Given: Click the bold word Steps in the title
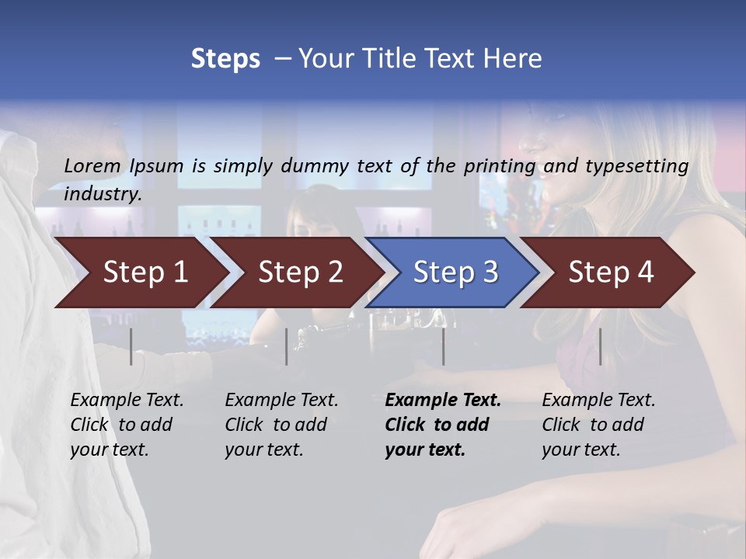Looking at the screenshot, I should pyautogui.click(x=225, y=58).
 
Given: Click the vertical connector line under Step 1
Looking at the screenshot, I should pyautogui.click(x=131, y=346).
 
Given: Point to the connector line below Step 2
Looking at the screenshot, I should pyautogui.click(x=287, y=346).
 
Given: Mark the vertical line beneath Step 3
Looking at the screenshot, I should pyautogui.click(x=444, y=346).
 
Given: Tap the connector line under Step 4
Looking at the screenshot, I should pyautogui.click(x=600, y=346).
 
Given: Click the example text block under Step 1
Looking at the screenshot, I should pyautogui.click(x=126, y=425).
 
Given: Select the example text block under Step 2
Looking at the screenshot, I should pyautogui.click(x=281, y=425).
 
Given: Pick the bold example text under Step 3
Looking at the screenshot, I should pyautogui.click(x=442, y=425).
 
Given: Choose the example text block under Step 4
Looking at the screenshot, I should pyautogui.click(x=598, y=425).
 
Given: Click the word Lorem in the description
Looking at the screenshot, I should pyautogui.click(x=92, y=165).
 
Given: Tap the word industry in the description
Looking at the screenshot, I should pyautogui.click(x=103, y=194).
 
